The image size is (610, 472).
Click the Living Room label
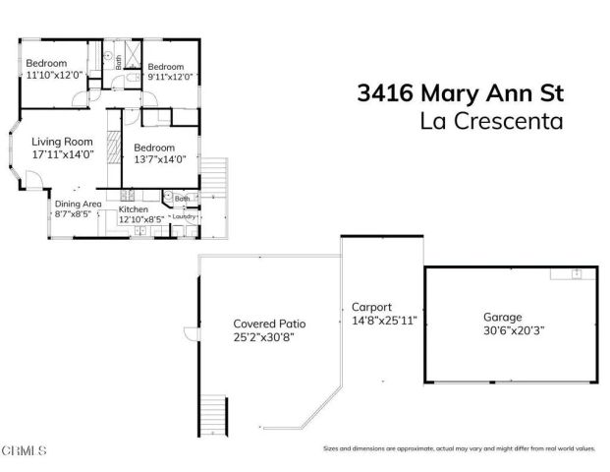point(62,141)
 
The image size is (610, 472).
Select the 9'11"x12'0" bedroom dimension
point(170,77)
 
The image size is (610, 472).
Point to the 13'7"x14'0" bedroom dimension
point(160,159)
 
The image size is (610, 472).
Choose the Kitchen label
point(133,209)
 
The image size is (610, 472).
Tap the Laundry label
point(185,216)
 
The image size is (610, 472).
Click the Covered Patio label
point(266,324)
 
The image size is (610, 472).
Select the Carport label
point(372,306)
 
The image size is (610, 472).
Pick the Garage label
point(501,318)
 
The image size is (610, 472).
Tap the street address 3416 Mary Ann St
point(459,95)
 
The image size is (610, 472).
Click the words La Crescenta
point(492,123)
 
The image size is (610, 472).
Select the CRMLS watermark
point(26,451)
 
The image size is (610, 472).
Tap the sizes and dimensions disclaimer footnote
point(459,449)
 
